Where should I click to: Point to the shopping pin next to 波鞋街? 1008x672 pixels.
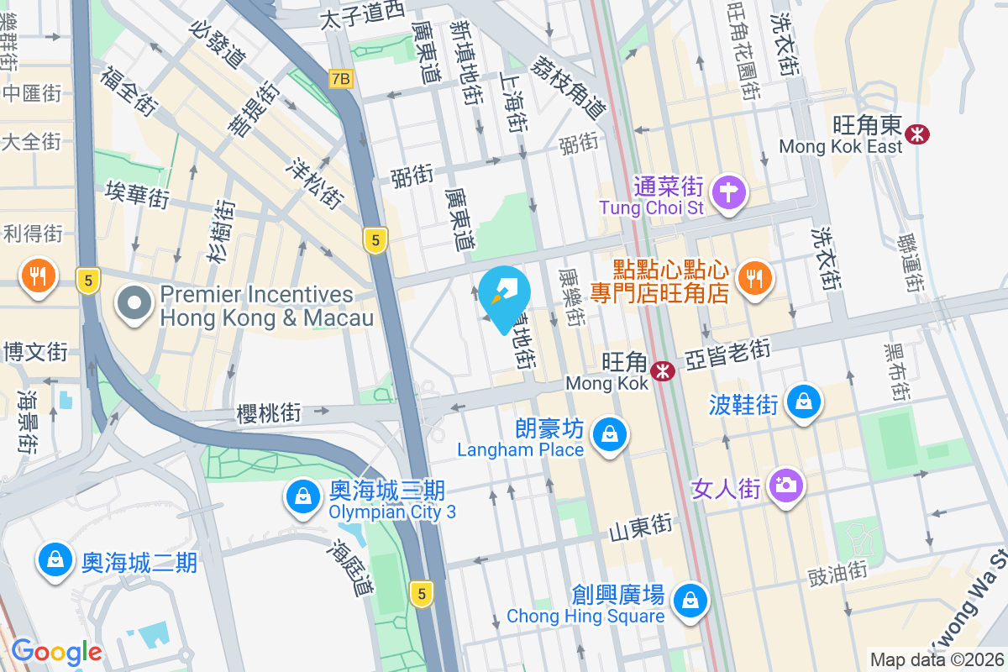tap(804, 401)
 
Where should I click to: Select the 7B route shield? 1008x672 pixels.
tap(340, 79)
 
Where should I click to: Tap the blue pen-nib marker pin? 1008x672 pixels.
tap(508, 293)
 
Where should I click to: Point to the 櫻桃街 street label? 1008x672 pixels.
tap(269, 413)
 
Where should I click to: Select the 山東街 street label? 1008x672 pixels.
tap(641, 527)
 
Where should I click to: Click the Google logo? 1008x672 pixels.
tap(56, 651)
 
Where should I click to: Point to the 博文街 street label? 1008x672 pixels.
tap(34, 351)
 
